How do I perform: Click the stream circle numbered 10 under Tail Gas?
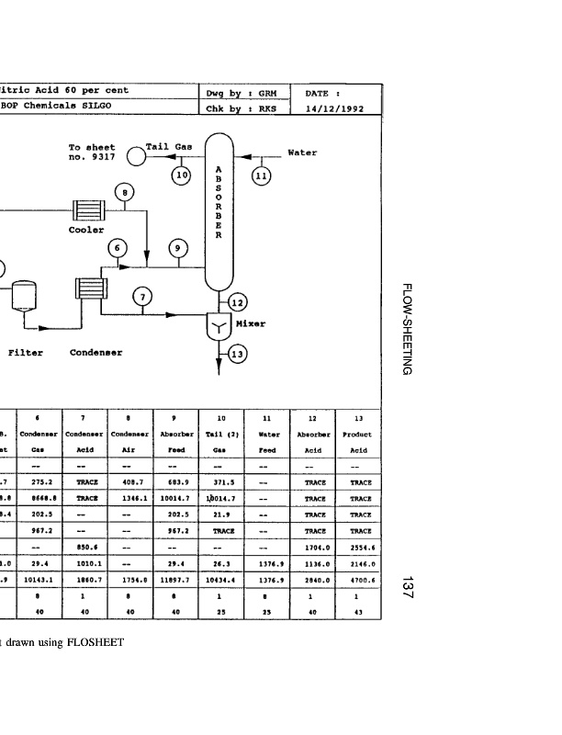coord(181,174)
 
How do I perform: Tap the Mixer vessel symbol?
coord(219,324)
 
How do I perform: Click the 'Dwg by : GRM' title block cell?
coord(242,92)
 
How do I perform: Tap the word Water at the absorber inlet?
coord(303,152)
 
